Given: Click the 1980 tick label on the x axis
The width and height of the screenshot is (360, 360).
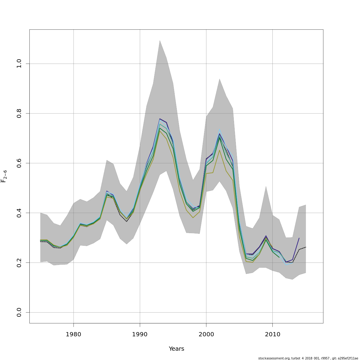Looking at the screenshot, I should pos(73,334).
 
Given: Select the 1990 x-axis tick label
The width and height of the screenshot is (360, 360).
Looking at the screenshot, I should pos(140,334).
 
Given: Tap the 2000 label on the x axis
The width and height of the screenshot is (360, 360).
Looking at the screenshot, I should pos(206,334).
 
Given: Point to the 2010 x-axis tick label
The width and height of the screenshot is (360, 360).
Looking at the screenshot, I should pos(272,334).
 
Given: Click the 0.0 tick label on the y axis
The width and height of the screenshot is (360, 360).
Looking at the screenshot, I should pos(19,312).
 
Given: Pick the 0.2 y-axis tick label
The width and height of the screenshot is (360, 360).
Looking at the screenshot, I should pos(19,262).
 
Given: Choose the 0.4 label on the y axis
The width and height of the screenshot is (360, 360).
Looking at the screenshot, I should pos(19,213).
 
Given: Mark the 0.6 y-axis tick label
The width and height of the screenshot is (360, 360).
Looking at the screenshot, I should pos(19,163).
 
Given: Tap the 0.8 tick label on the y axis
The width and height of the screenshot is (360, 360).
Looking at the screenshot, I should pos(19,113).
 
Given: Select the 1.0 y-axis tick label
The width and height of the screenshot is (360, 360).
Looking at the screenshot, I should pos(19,64).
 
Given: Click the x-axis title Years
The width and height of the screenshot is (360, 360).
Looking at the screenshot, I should pos(176,349).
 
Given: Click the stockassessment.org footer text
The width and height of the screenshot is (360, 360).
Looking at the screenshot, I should pos(308,358).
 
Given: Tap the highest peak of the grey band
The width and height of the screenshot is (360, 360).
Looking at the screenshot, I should pos(160,40).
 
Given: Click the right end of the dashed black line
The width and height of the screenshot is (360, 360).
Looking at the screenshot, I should pos(305,247).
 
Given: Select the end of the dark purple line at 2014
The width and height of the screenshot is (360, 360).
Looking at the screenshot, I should pos(299,238).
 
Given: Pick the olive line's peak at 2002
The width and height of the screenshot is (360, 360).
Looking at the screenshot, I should pos(219,150).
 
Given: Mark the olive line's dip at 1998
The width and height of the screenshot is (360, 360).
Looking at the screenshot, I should pos(193,217).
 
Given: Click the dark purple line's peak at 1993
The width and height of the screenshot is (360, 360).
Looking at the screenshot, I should pos(160,119).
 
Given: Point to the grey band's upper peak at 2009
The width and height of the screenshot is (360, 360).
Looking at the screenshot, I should pos(266,186).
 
